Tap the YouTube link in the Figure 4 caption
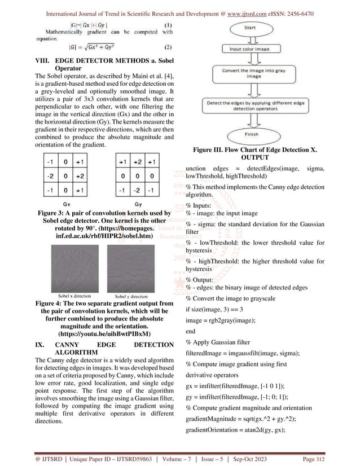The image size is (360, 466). (x=93, y=333)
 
